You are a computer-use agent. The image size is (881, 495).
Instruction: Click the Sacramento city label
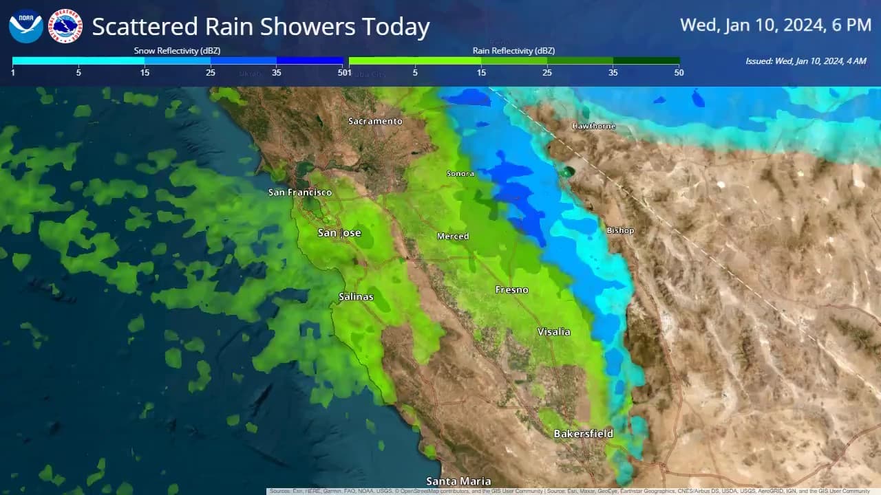(375, 122)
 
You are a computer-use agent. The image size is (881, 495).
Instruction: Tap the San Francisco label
(300, 192)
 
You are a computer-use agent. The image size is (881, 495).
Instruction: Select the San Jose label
(339, 233)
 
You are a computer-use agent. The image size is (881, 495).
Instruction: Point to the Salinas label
(356, 297)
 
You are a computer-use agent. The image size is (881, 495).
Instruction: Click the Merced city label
(453, 236)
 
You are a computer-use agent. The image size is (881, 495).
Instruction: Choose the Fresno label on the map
(512, 290)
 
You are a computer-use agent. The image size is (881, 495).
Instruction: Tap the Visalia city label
(554, 332)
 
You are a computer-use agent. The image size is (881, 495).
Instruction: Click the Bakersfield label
(583, 434)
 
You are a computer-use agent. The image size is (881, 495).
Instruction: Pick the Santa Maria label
(458, 481)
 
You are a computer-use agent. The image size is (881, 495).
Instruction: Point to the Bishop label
(620, 230)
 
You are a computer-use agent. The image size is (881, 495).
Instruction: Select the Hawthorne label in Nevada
(594, 126)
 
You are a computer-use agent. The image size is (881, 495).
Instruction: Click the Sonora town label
(460, 174)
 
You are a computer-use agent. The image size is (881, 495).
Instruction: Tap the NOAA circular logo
(26, 26)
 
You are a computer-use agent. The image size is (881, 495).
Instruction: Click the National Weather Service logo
(66, 26)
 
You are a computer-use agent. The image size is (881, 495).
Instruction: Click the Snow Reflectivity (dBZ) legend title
(177, 51)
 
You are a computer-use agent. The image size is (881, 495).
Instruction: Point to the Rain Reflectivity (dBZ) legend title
(513, 51)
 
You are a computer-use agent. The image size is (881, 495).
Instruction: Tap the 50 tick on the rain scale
(679, 73)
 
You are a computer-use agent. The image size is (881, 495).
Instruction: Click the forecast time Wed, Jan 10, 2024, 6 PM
(776, 25)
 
